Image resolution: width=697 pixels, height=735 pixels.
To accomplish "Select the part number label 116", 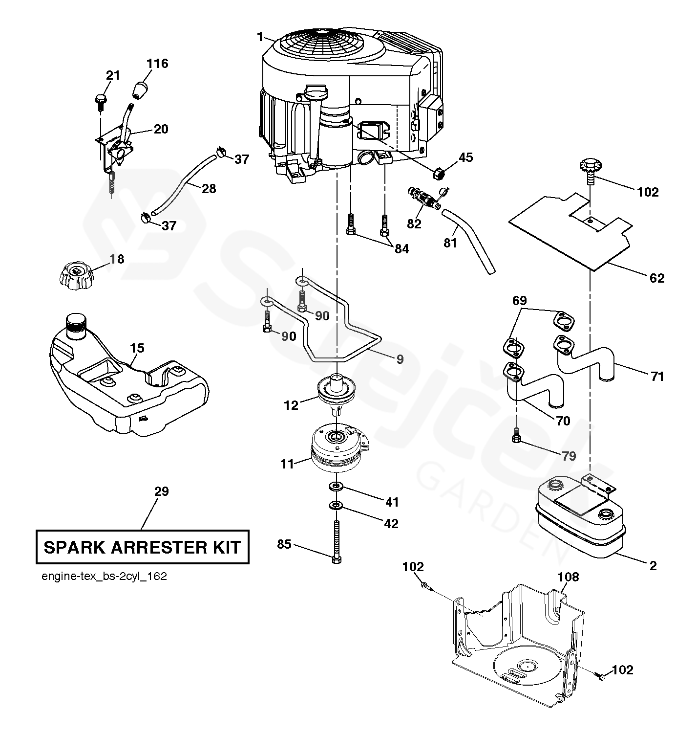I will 157,64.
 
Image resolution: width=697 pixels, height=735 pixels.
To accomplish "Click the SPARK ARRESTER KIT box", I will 142,547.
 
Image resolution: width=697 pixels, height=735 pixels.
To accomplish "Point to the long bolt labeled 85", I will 336,542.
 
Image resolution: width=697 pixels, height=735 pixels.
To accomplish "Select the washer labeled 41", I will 336,487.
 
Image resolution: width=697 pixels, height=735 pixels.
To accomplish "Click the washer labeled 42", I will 336,505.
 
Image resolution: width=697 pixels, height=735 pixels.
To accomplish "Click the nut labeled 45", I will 439,173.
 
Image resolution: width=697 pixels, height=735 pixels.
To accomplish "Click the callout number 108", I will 569,577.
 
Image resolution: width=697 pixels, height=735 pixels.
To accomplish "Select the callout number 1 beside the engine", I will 260,37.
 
